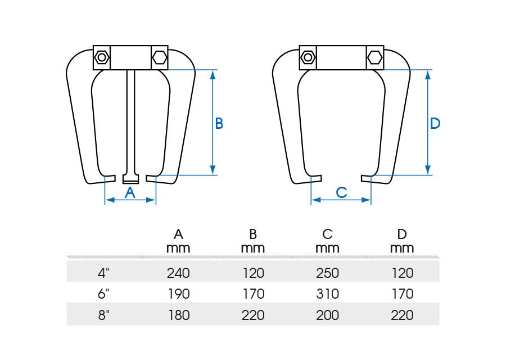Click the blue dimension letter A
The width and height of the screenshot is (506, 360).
[x=130, y=192]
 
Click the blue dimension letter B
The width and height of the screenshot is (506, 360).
[x=219, y=124]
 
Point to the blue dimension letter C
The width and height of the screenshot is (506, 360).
[x=341, y=192]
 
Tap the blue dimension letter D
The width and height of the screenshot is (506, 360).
[x=435, y=124]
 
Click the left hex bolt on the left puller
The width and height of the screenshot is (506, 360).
[x=102, y=57]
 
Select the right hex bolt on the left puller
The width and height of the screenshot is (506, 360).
[x=159, y=57]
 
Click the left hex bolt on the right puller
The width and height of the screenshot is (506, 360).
[x=308, y=57]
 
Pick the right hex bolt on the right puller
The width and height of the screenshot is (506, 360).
[x=375, y=57]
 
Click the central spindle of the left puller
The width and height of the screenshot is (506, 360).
[x=130, y=124]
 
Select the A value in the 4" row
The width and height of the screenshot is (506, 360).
[x=178, y=273]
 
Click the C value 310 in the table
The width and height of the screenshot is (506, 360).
[x=327, y=294]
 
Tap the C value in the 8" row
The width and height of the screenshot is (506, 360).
[x=327, y=315]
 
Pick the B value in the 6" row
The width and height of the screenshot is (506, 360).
[x=253, y=294]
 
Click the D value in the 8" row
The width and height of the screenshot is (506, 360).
[x=402, y=315]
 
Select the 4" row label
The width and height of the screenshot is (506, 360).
[x=103, y=273]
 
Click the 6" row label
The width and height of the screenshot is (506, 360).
[x=103, y=294]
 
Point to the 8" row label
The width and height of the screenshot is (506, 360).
[x=103, y=315]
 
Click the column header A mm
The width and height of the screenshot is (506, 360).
[x=178, y=241]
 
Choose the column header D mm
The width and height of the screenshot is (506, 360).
[x=402, y=241]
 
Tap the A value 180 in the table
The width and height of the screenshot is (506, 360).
[x=178, y=315]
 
